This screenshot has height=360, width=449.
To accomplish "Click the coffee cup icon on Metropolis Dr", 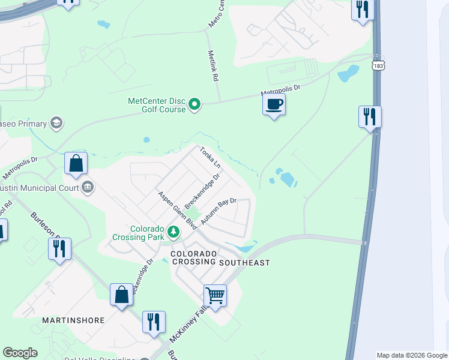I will click(274, 105).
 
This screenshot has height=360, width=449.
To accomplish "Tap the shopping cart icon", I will click(215, 295).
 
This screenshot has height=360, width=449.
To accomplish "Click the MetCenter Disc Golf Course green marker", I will click(194, 104).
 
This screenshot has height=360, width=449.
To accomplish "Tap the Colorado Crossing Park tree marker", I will click(173, 231).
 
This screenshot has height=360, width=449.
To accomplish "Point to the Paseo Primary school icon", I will click(56, 124).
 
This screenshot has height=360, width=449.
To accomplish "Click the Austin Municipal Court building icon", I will click(88, 187).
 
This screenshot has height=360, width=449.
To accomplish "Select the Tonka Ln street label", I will click(210, 158).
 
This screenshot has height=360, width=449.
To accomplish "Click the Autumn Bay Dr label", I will click(219, 212).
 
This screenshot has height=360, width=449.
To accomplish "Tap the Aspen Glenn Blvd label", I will click(178, 211).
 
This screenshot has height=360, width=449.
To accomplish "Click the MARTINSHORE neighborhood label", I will click(73, 320).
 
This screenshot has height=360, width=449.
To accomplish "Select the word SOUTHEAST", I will click(244, 263).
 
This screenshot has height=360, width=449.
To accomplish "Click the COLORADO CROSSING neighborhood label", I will click(193, 258).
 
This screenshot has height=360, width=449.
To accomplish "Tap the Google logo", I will click(20, 353).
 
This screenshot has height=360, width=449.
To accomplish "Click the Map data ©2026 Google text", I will click(411, 355).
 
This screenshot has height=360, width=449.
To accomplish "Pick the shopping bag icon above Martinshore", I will click(121, 295).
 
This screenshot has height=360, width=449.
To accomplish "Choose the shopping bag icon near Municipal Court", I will click(76, 164).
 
